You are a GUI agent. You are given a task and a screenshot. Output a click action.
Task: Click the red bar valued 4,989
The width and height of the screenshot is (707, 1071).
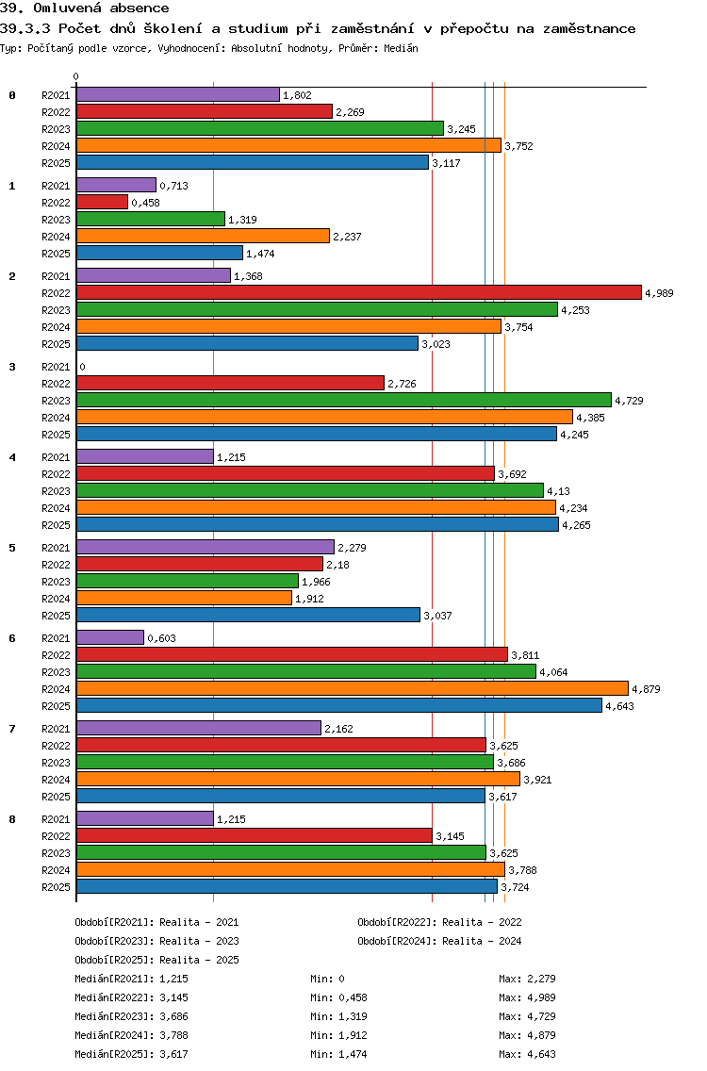click(358, 293)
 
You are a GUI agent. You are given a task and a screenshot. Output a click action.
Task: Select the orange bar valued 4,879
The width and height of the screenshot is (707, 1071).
click(352, 689)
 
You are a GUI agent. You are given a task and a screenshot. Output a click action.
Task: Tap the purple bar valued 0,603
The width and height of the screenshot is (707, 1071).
click(110, 638)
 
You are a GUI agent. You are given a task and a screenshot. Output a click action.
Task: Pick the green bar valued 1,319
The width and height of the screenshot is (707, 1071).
click(151, 220)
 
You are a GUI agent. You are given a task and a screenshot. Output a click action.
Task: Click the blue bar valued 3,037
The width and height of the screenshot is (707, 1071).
click(248, 616)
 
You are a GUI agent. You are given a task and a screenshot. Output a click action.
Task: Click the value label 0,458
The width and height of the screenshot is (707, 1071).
click(145, 203)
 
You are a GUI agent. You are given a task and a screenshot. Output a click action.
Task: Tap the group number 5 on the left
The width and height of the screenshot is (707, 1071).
click(12, 548)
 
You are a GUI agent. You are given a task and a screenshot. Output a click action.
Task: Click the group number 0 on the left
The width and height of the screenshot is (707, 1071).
click(12, 95)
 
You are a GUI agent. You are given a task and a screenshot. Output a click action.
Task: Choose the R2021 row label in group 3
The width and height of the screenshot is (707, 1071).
click(56, 367)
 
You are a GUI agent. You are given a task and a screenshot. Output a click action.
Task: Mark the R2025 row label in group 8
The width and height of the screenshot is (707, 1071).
click(56, 887)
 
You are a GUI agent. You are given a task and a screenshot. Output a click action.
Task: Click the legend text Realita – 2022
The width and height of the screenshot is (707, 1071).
click(482, 922)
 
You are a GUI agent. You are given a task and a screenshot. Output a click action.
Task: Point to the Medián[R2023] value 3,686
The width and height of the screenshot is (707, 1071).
click(174, 1016)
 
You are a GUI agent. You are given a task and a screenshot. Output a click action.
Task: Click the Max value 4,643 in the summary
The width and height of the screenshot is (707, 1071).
click(538, 1054)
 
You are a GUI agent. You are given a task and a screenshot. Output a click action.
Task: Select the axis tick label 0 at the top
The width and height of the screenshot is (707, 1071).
click(76, 77)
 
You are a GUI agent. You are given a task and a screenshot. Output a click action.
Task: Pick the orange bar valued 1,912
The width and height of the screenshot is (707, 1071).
click(184, 599)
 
